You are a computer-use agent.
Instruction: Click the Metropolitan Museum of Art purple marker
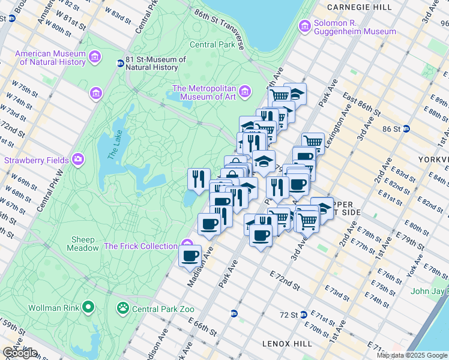tap(244, 92)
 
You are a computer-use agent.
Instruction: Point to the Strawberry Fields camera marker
tap(77, 160)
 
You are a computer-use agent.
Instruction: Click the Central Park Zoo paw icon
tap(123, 309)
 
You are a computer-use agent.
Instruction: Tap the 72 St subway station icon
tap(304, 314)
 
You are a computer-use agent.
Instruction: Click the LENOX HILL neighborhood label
tap(287, 343)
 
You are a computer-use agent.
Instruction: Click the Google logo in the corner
tap(20, 353)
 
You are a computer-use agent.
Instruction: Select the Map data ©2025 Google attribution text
tap(412, 355)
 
